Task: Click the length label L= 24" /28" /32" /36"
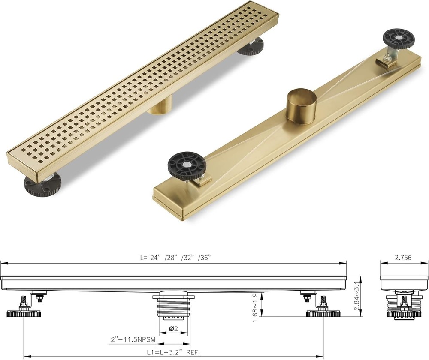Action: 175,258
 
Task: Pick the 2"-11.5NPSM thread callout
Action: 131,339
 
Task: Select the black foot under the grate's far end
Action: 251,47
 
